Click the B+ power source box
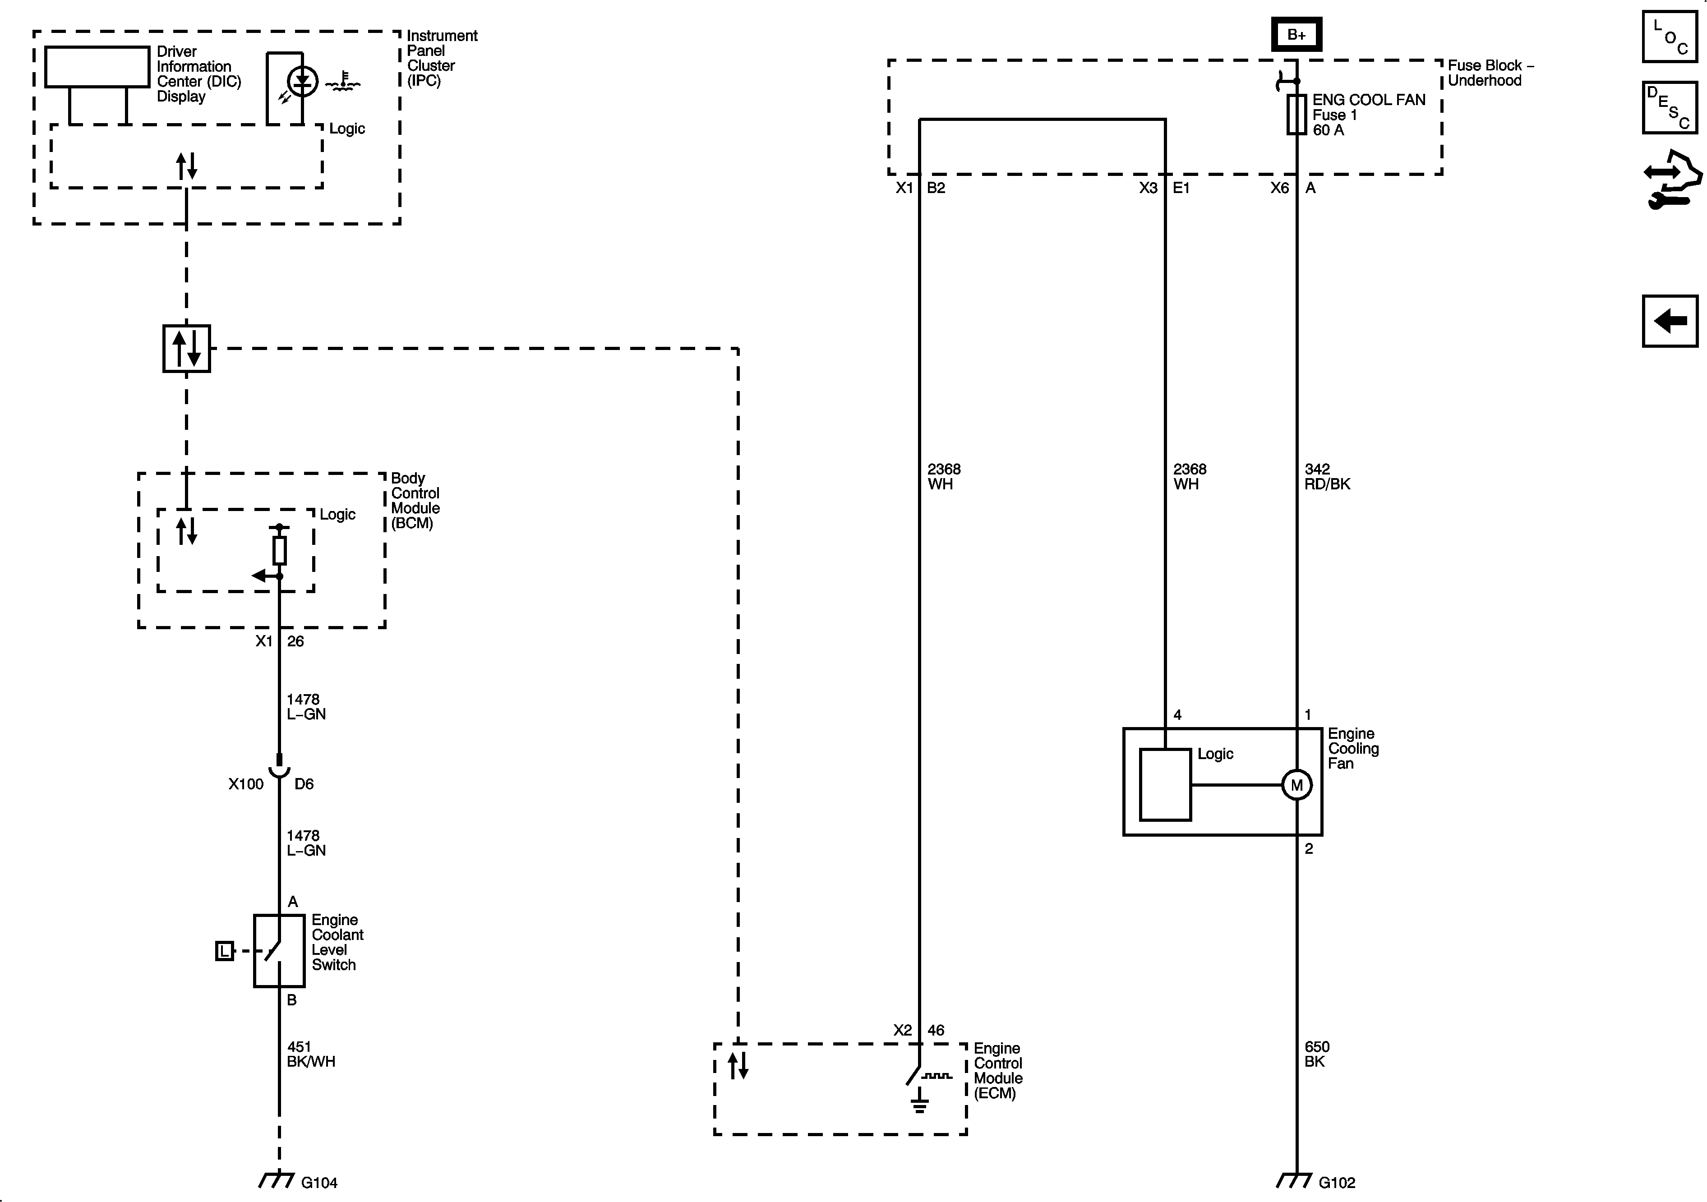tap(1296, 34)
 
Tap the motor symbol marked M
tap(1296, 785)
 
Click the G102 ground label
tap(1337, 1183)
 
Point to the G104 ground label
tap(319, 1183)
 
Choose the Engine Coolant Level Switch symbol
tap(279, 951)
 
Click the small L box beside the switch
tap(225, 951)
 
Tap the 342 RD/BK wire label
tap(1327, 476)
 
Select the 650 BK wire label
tap(1317, 1054)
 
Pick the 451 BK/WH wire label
tap(311, 1054)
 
